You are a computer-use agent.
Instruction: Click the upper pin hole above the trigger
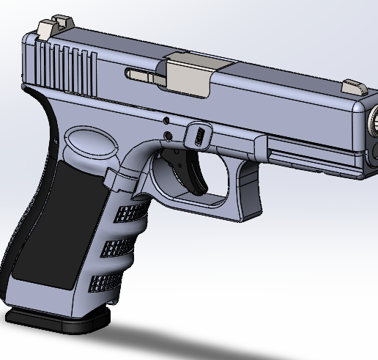click(x=166, y=120)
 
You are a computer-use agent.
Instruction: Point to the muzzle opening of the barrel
click(x=374, y=118)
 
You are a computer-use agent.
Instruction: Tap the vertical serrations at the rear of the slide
click(x=70, y=67)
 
